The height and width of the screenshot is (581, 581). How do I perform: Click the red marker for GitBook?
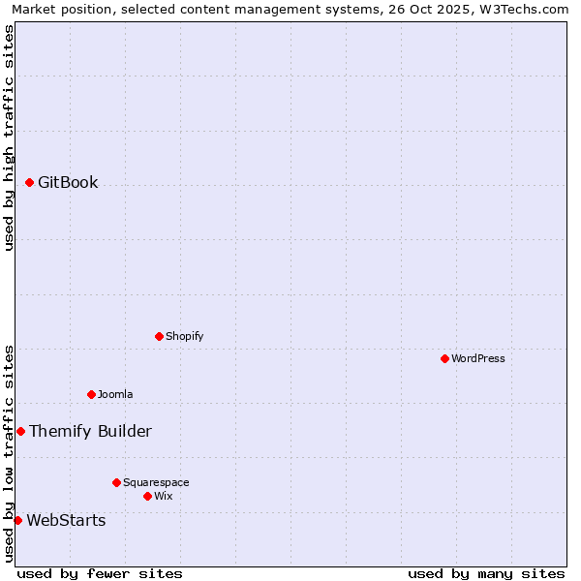(29, 182)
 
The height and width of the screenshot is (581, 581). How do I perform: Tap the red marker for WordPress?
(444, 358)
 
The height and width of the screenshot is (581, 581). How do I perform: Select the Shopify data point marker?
(159, 336)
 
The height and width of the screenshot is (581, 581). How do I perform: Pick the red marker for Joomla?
(91, 394)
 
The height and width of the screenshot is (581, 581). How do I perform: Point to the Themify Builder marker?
(20, 431)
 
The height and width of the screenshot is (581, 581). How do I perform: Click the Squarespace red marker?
(116, 482)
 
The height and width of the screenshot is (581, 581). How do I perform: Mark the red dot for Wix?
(147, 496)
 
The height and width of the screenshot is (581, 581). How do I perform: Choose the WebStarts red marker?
(17, 520)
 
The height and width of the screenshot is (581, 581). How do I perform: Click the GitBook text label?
(68, 182)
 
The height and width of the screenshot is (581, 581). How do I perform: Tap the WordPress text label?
(478, 358)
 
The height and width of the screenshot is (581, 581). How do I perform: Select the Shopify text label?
(184, 336)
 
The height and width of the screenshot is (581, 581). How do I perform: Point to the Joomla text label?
(115, 394)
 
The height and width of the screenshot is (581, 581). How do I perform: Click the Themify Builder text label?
(90, 431)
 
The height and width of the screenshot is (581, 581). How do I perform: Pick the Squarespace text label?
(156, 482)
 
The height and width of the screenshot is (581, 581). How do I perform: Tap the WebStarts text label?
(66, 520)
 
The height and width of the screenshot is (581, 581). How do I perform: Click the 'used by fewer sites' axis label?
(100, 573)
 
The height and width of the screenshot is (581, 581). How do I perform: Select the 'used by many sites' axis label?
(486, 573)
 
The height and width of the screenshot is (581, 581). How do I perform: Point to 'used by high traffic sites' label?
(9, 138)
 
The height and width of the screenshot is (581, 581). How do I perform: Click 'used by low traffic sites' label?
(9, 453)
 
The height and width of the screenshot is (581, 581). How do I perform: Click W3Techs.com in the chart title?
(524, 9)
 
